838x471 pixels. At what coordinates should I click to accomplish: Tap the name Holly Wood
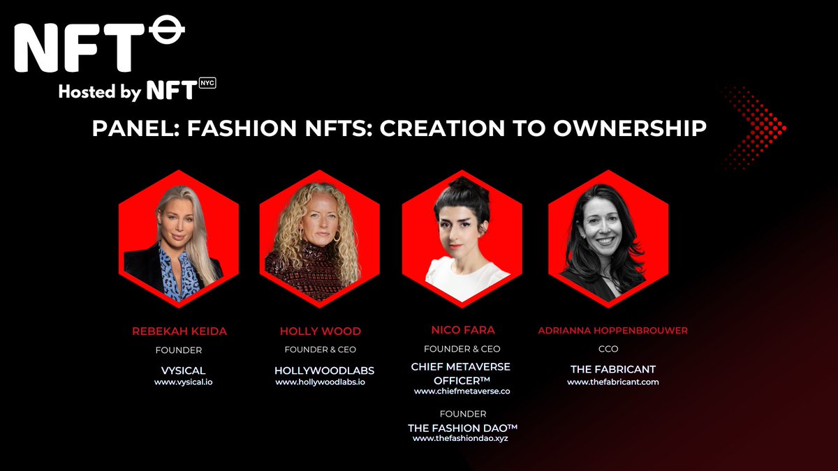pos(320,331)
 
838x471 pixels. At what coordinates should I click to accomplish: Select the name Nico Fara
pos(462,329)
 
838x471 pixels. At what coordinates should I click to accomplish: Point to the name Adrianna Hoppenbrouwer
pos(612,331)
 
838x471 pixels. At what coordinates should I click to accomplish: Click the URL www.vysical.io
pos(183,382)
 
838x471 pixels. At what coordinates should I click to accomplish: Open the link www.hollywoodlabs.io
pos(320,382)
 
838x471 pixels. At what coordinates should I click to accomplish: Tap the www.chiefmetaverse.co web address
pos(462,391)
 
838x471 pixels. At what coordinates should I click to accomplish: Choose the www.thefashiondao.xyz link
pos(462,438)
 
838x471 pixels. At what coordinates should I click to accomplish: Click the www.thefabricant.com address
pos(612,382)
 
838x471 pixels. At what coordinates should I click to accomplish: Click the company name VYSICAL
pos(183,371)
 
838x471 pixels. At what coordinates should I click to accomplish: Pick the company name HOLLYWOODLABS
pos(320,371)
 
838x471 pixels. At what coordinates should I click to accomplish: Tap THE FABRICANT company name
pos(612,369)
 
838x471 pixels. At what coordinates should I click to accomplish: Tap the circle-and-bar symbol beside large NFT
pos(167,32)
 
